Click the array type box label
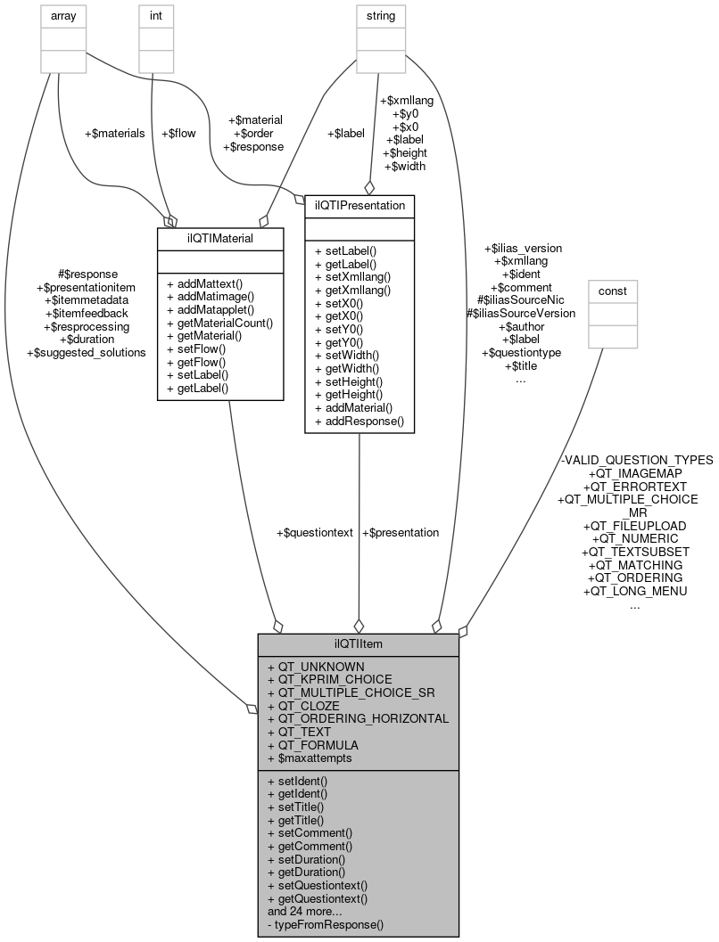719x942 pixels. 58,15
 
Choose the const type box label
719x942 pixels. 612,291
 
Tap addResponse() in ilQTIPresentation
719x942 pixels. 359,421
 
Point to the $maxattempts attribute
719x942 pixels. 310,758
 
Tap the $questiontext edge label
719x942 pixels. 315,532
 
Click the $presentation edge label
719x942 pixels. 401,532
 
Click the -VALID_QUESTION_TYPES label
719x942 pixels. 636,460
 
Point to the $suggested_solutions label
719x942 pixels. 87,352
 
